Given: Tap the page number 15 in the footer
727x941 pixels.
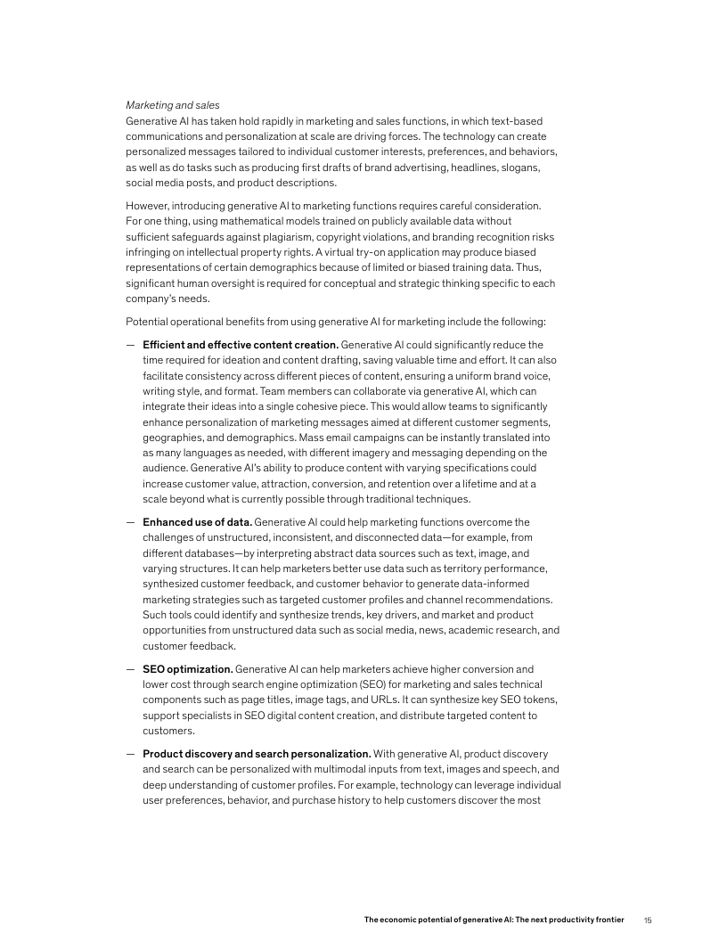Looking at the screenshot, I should point(648,919).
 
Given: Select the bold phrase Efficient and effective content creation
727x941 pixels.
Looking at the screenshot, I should point(240,344).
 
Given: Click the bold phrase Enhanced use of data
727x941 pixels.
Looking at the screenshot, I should point(197,521).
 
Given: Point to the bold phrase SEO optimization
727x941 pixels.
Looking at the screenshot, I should point(187,668).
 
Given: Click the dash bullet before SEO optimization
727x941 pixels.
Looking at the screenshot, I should point(131,668).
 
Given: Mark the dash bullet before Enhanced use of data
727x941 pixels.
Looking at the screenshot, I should point(131,521).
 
